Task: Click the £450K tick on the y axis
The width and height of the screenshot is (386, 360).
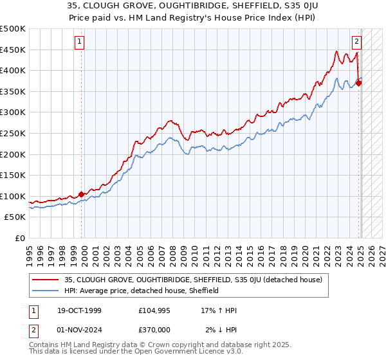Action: coord(13,50)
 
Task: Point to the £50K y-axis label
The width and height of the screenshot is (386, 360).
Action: coord(15,217)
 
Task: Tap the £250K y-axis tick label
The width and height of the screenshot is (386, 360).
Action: coord(13,133)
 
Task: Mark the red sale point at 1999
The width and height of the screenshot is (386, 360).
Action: coord(82,194)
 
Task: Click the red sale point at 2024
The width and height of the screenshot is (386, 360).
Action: coord(358,83)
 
